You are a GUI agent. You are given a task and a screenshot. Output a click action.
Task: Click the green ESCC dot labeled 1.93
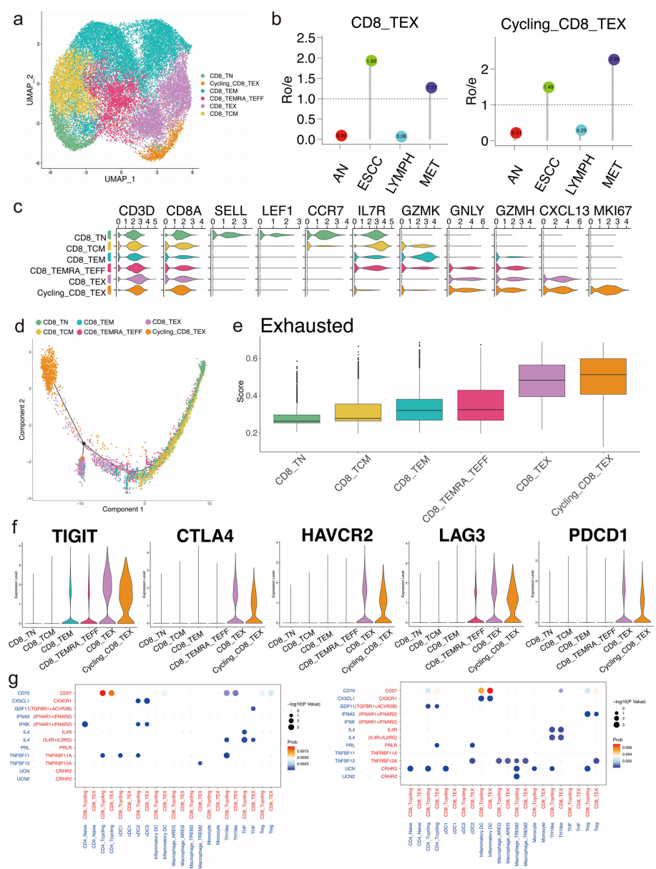point(371,62)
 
